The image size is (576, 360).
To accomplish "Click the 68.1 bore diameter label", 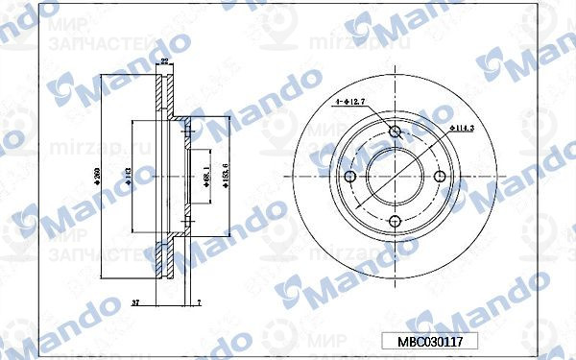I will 207,177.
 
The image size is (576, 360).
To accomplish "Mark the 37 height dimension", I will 135,302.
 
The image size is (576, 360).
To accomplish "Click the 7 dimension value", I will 197,302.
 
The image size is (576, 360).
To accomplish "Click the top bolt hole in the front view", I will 396,132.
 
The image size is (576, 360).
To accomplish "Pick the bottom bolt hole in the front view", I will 396,222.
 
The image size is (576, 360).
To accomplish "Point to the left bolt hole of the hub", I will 350,178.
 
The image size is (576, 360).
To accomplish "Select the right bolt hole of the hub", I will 440,177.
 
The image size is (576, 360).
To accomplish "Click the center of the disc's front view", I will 396,178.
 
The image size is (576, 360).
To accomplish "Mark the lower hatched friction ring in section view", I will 164,260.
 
